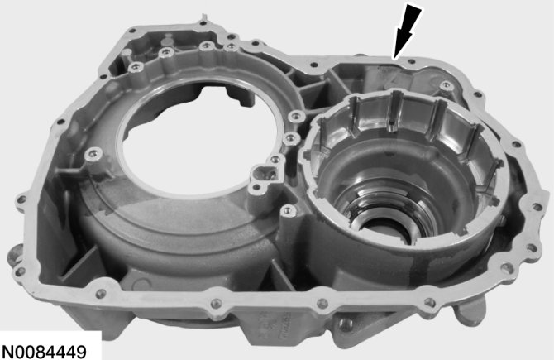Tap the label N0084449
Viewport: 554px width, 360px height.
coord(44,352)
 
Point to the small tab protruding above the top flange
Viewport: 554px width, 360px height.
coord(203,17)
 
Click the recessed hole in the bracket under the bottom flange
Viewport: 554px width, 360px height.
coord(346,324)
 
